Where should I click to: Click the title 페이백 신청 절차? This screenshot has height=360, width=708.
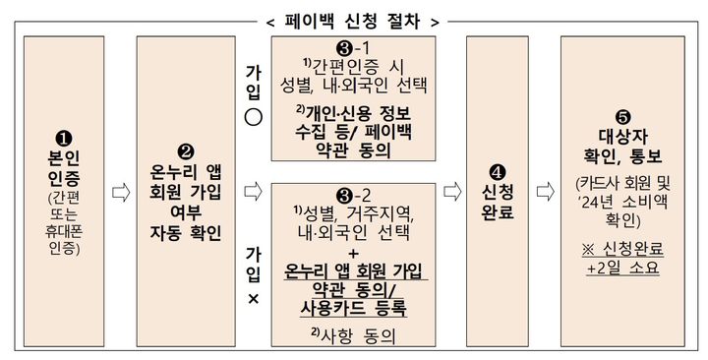353,18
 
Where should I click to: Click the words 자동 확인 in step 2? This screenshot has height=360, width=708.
187,233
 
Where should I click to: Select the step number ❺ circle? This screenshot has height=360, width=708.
620,112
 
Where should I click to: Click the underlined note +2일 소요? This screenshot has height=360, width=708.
621,268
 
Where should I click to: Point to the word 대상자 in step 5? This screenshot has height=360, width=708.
620,135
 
